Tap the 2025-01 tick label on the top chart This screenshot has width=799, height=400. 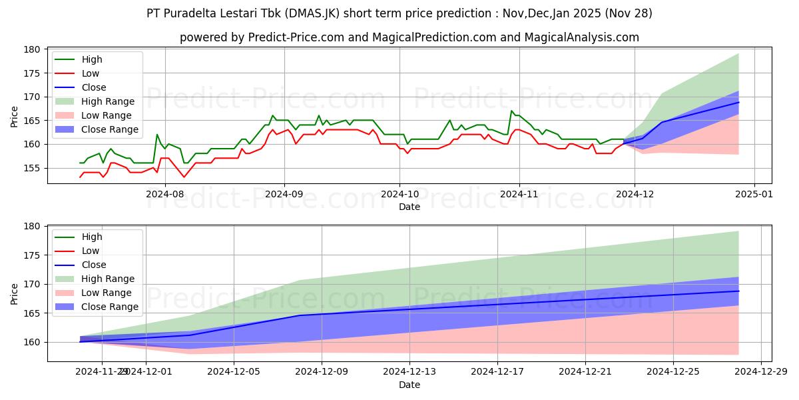pyautogui.click(x=754, y=193)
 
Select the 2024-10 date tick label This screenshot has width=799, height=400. pyautogui.click(x=400, y=193)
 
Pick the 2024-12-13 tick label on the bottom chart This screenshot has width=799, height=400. pyautogui.click(x=409, y=371)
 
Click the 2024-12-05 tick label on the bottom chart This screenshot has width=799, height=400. pyautogui.click(x=234, y=371)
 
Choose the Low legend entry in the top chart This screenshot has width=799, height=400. pyautogui.click(x=91, y=73)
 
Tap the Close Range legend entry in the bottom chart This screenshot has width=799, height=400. pyautogui.click(x=110, y=307)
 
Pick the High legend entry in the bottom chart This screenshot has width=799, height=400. pyautogui.click(x=92, y=237)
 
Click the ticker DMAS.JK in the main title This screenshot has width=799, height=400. pyautogui.click(x=347, y=13)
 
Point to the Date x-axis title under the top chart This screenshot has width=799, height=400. pyautogui.click(x=409, y=207)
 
